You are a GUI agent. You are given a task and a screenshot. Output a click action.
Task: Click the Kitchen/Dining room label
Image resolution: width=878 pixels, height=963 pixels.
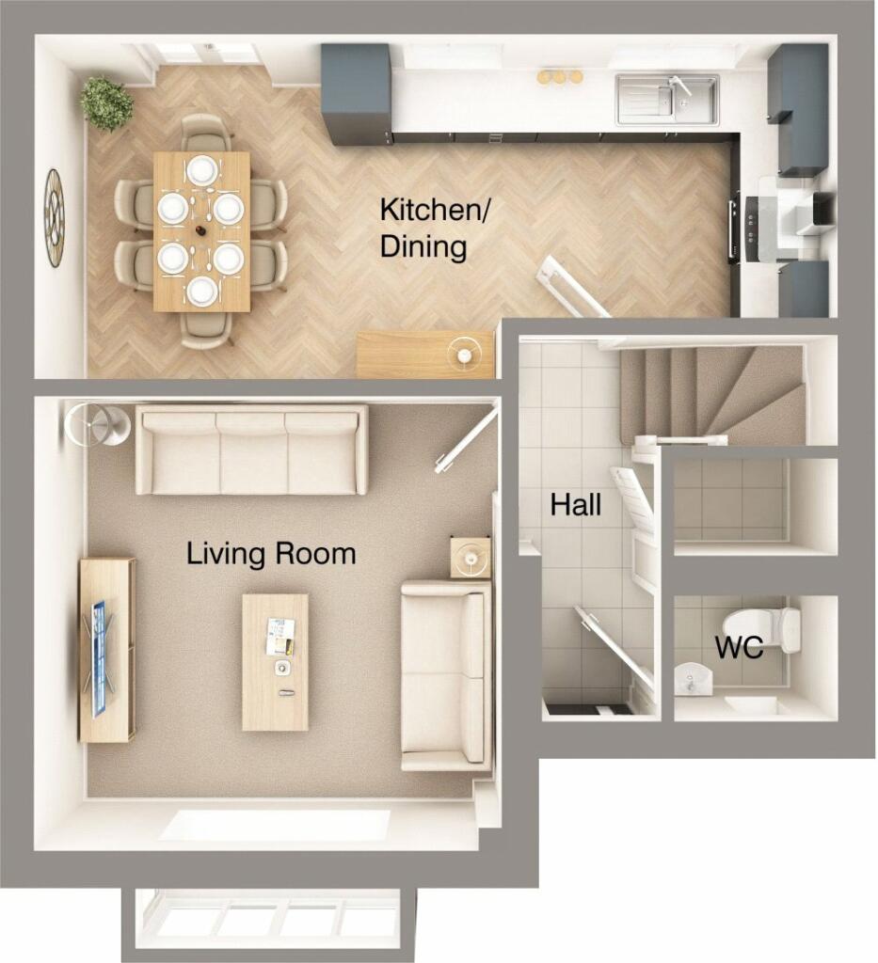(x=434, y=229)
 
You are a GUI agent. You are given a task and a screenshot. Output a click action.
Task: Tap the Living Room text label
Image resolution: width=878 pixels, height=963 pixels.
(x=271, y=554)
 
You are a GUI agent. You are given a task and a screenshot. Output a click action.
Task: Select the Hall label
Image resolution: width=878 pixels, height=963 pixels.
(x=575, y=506)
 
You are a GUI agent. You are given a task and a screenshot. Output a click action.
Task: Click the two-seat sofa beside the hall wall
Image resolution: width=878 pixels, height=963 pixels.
(x=446, y=675)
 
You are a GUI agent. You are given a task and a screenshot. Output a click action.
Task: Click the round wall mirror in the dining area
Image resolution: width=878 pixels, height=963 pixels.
(x=55, y=217)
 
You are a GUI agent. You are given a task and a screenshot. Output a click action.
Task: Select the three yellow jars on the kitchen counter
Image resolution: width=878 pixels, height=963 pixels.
(x=559, y=77)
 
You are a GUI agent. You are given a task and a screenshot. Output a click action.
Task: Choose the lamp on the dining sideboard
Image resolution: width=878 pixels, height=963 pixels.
(x=464, y=353)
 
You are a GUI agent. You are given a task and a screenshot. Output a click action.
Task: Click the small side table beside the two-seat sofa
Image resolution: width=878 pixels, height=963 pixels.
(x=471, y=557)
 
